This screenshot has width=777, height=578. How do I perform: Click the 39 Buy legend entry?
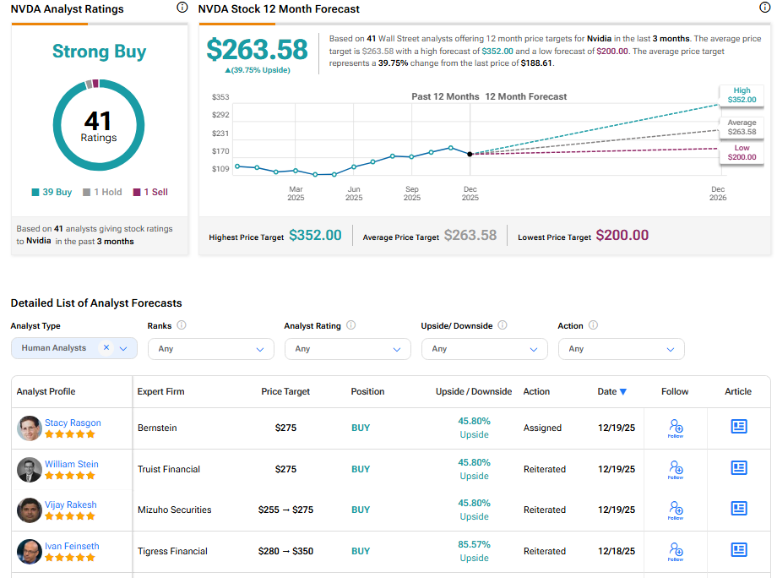(52, 192)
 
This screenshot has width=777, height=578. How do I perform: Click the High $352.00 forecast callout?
(741, 95)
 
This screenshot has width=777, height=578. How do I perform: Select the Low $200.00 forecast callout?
(741, 153)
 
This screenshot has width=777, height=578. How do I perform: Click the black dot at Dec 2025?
(470, 154)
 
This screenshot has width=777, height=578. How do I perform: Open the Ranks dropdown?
(211, 349)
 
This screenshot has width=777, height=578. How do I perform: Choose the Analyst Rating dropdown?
(348, 349)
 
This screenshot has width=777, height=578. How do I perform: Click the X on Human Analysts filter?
(106, 347)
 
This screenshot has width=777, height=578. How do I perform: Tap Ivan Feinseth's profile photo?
(29, 552)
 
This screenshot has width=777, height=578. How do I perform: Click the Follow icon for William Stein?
(675, 468)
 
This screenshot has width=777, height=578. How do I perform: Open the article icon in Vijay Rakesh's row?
(738, 509)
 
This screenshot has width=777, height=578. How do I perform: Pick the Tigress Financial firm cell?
(172, 551)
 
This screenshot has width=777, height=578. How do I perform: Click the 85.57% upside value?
(474, 544)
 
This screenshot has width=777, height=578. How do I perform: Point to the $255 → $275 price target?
(285, 510)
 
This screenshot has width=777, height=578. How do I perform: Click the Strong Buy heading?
(99, 52)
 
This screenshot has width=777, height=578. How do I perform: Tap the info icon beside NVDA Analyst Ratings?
(182, 8)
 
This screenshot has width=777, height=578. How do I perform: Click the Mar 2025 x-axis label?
(296, 194)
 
